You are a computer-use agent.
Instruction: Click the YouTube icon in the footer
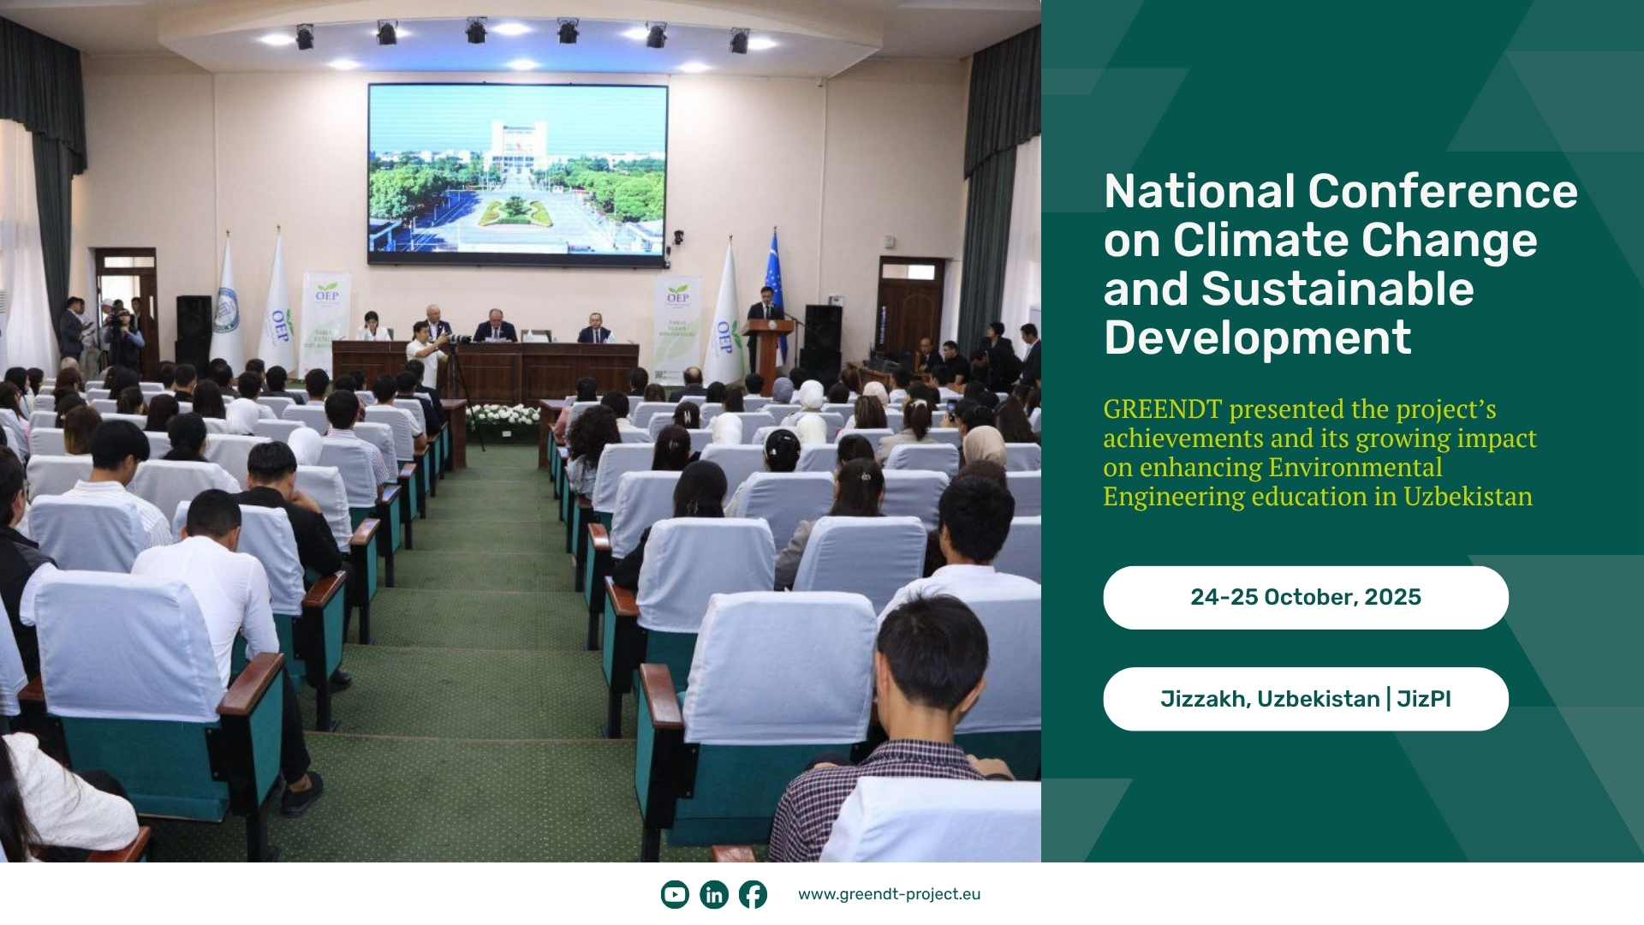675,894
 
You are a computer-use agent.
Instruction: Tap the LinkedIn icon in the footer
714,894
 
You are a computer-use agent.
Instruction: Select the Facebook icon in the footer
753,894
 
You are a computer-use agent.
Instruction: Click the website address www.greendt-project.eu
889,894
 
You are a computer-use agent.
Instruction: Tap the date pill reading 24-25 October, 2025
1305,598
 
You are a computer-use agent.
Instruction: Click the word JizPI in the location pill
1423,699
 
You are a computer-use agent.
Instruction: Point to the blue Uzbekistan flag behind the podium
777,283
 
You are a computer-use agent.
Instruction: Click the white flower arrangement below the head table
503,416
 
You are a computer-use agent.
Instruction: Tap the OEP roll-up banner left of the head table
325,321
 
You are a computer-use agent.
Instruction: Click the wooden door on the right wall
909,308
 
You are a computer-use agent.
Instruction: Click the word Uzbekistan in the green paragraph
1468,497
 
